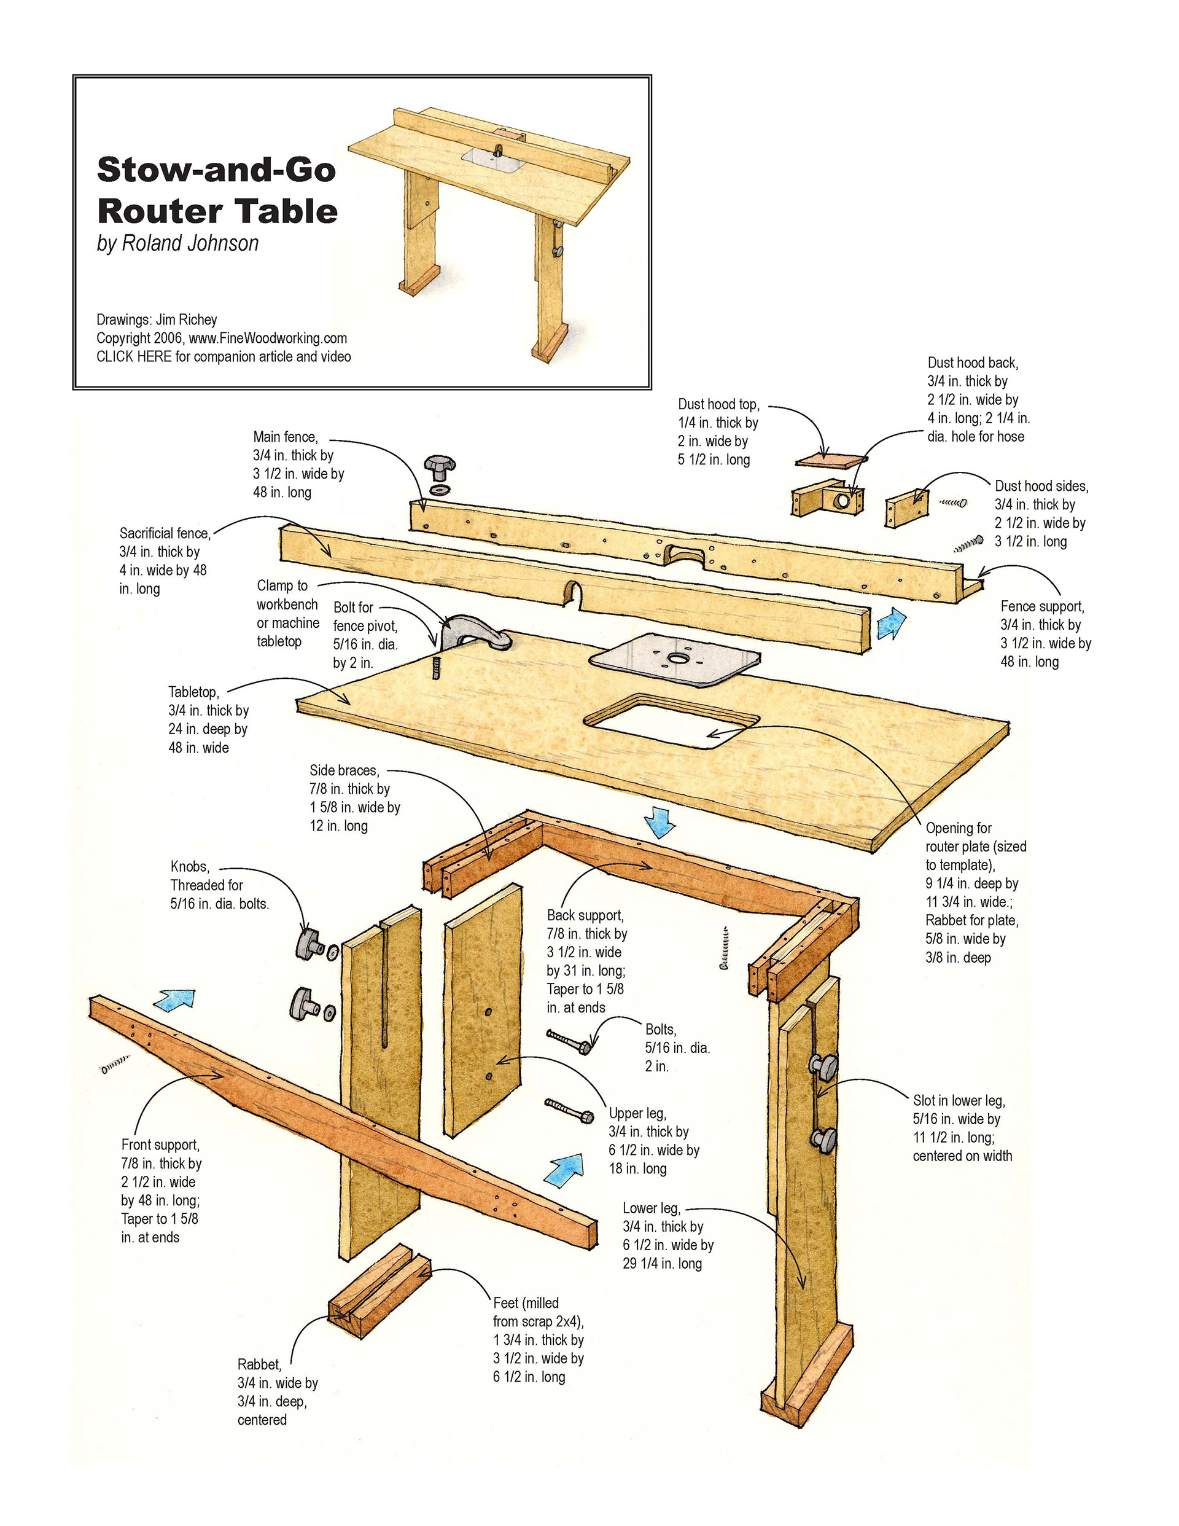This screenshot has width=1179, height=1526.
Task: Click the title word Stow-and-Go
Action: click(x=217, y=170)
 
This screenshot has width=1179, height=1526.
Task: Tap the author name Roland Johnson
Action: click(x=190, y=243)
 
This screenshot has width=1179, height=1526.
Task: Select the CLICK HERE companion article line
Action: click(x=224, y=356)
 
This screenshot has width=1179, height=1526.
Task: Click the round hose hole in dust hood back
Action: click(x=842, y=500)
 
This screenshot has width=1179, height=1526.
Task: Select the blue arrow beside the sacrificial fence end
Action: click(x=890, y=622)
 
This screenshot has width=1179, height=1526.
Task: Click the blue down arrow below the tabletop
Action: click(x=660, y=822)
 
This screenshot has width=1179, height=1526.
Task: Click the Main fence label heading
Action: click(x=285, y=437)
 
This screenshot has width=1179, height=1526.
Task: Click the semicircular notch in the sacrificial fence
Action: click(x=574, y=592)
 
